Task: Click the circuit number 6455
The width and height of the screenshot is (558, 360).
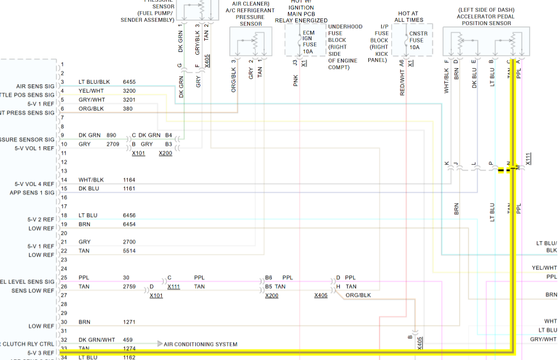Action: pos(129,82)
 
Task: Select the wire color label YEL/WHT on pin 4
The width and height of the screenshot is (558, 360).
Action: pos(90,90)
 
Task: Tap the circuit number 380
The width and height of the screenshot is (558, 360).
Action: pos(128,108)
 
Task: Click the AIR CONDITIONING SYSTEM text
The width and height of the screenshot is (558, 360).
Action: pos(200,344)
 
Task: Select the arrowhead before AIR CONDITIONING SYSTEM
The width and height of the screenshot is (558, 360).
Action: pos(160,344)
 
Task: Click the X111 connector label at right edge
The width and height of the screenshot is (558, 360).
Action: pos(528,159)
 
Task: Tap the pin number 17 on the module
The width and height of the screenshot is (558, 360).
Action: pos(64,207)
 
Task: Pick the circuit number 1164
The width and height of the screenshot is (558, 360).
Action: pos(129,180)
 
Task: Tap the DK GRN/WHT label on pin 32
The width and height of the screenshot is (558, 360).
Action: pos(97,340)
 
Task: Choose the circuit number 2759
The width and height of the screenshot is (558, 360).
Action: pos(129,286)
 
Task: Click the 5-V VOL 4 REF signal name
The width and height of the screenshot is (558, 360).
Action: pos(35,184)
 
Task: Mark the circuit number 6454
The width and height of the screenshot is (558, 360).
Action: pos(129,224)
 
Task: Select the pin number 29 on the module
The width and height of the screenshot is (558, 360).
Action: pos(64,313)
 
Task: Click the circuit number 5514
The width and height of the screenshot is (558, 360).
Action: pos(129,251)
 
